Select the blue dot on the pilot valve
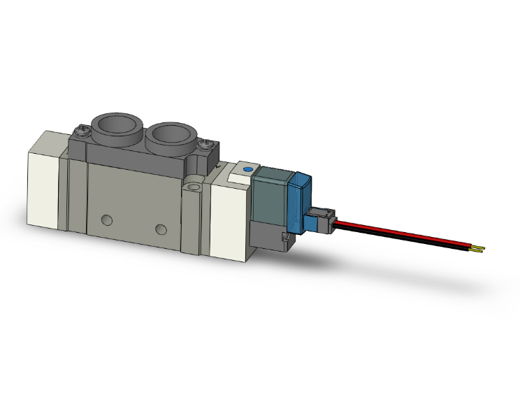coord(245,170)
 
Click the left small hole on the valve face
coord(106,221)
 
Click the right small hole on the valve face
coord(162,229)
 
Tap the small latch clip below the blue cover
coord(286,240)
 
